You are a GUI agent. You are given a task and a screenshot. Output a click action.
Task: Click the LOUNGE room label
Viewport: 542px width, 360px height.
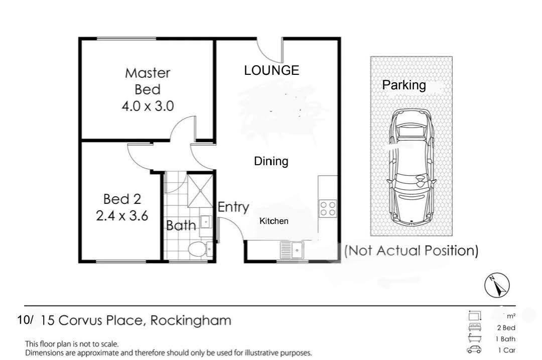point(272,70)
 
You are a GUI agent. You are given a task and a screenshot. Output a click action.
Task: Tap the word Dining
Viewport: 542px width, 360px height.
point(271,161)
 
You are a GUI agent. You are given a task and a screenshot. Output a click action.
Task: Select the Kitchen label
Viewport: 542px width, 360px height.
point(274,221)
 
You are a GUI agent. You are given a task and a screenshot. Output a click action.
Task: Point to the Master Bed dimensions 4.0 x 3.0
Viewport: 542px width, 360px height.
point(148,106)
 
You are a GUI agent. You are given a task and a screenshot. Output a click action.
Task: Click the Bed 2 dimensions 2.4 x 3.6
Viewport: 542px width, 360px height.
point(122,216)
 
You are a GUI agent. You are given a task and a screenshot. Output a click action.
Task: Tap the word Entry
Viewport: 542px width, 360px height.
point(233,207)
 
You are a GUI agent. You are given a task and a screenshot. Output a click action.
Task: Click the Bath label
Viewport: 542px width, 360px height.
point(181,225)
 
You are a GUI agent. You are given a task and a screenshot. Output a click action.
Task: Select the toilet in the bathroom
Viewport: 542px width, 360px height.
point(200,249)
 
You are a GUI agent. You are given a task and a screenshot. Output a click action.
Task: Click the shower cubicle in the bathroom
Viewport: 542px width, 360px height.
point(200,191)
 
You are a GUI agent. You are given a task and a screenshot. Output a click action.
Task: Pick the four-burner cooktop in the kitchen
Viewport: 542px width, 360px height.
point(328,208)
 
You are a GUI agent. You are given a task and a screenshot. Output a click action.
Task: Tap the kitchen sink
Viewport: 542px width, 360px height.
point(292,250)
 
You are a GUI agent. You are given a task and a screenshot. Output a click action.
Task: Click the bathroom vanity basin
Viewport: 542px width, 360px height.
point(206,222)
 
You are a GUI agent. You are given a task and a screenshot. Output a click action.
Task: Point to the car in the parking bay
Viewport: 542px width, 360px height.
point(412,168)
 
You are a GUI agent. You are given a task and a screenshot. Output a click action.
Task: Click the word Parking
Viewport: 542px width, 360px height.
point(403,85)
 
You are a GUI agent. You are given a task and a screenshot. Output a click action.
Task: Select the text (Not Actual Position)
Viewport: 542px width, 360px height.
point(412,251)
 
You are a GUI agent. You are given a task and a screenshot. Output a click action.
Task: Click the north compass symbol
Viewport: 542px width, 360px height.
point(497,286)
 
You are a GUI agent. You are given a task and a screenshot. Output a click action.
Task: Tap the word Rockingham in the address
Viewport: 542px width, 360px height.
point(191,320)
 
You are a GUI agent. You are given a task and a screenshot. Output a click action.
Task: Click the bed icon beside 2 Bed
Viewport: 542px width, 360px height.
point(475,327)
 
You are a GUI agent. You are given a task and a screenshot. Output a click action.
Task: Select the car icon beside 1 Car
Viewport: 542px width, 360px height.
point(474,349)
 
